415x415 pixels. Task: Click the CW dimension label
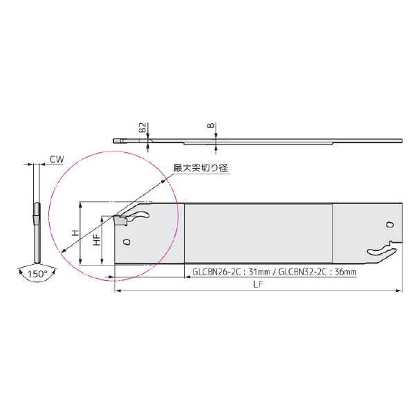(57, 159)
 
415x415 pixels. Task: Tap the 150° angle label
(37, 274)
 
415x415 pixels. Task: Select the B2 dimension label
(142, 128)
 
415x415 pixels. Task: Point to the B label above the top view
(211, 125)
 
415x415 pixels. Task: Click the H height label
(76, 233)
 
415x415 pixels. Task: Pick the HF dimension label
(97, 240)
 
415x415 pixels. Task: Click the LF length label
(258, 284)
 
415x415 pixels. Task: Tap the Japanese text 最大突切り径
(201, 168)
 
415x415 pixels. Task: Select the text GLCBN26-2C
(216, 272)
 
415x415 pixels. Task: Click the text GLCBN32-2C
(303, 272)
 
